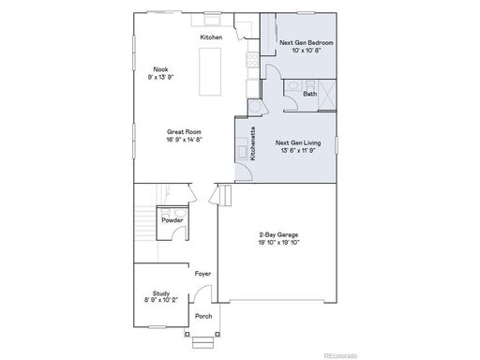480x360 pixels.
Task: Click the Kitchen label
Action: tap(211, 37)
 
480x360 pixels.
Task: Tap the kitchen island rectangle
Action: tap(210, 71)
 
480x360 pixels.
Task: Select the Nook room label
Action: tap(160, 69)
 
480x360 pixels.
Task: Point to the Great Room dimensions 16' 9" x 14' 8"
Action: tap(185, 140)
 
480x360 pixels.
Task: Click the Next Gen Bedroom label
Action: tap(307, 42)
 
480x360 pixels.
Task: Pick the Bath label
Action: tap(309, 94)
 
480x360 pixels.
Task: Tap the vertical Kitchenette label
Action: tap(253, 143)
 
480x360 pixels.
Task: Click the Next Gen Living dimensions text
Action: tap(298, 150)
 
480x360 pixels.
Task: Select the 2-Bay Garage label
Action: tap(278, 234)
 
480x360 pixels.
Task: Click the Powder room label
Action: tap(172, 220)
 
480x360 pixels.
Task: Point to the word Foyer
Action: tap(202, 274)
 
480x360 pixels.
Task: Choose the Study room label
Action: tap(161, 293)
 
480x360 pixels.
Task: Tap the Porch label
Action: tap(203, 316)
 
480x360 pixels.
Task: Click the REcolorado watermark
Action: tap(340, 355)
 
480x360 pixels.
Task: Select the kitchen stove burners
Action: tap(253, 60)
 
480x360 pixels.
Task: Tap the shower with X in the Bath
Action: tap(327, 95)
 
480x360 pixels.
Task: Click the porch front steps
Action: tap(203, 342)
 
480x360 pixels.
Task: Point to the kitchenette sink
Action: tap(242, 152)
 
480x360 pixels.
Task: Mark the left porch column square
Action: tap(187, 335)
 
